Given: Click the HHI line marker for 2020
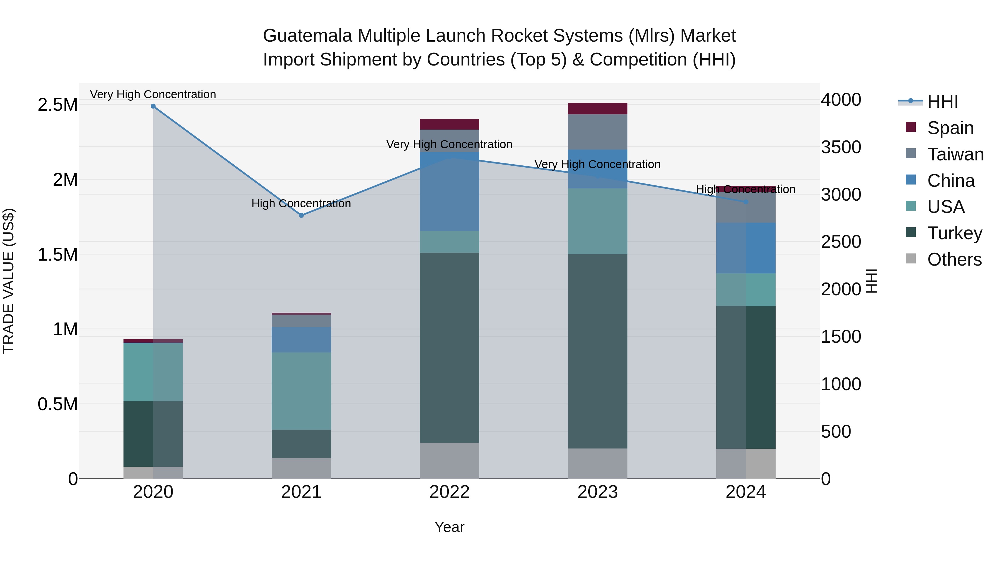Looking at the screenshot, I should (153, 106).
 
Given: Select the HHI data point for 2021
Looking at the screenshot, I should (301, 215).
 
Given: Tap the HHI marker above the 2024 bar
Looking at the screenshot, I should (745, 202).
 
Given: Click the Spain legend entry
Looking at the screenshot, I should (950, 128).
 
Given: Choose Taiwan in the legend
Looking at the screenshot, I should (955, 154).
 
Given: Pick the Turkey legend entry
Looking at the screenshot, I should (954, 233).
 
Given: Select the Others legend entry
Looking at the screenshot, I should (954, 259).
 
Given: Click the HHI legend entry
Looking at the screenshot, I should (942, 102).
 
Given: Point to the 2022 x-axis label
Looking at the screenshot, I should (450, 492).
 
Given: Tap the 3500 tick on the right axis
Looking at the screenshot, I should (841, 147).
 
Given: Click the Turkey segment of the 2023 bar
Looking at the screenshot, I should (598, 351).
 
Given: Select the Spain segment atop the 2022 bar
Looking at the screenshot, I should (450, 124).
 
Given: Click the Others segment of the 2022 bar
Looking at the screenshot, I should (450, 461).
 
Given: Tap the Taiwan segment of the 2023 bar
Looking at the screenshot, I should (598, 132).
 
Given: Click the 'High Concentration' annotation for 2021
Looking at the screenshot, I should (301, 204).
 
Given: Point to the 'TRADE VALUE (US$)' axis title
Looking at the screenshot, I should (9, 281).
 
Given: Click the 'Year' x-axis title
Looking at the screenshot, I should (450, 527).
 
